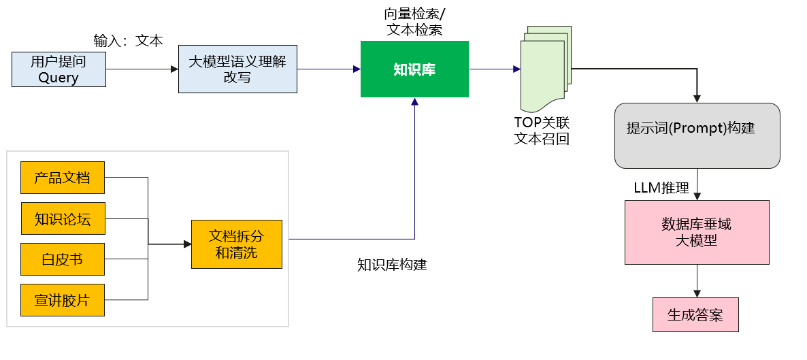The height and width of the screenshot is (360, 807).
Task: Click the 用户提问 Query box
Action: tap(59, 69)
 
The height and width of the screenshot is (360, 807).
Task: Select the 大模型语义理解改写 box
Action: tap(237, 69)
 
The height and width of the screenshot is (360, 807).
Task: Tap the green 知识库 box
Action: tap(414, 69)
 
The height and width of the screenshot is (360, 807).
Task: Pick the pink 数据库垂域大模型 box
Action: tap(697, 232)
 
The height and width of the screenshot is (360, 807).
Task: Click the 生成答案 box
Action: tap(695, 314)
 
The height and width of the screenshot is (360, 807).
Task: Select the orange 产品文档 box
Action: tap(63, 178)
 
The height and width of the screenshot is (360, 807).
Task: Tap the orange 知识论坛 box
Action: tap(63, 219)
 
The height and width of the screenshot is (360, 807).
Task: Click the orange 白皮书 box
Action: tap(63, 259)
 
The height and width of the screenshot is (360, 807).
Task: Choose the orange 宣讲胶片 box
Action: tap(63, 300)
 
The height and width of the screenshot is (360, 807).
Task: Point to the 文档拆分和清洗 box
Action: tap(236, 244)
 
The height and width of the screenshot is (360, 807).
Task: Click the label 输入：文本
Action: tap(128, 40)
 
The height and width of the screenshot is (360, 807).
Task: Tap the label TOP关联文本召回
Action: tap(542, 131)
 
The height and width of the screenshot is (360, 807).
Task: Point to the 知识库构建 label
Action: tap(392, 265)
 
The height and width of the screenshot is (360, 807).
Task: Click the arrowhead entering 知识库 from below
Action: tap(414, 101)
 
